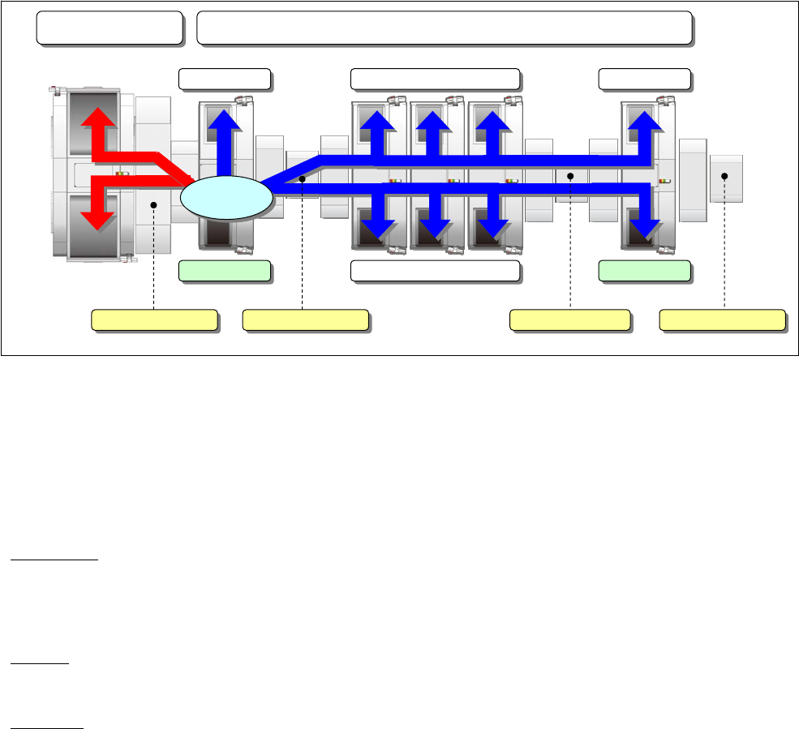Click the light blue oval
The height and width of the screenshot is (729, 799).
(226, 198)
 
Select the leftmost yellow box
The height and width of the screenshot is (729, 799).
(154, 320)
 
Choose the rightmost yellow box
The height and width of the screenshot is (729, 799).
(723, 320)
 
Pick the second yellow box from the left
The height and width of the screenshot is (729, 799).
(305, 320)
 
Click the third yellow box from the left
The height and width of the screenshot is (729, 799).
(570, 320)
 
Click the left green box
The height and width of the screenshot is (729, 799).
(224, 272)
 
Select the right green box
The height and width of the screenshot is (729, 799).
(645, 272)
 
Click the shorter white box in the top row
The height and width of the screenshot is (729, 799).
(110, 28)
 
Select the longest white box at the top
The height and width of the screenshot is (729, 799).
(445, 28)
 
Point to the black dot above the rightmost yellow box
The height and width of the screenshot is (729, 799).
(724, 176)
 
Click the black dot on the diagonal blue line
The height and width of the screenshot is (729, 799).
(303, 178)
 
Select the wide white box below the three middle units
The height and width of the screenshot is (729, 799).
(435, 272)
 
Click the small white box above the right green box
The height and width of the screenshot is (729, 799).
(645, 79)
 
